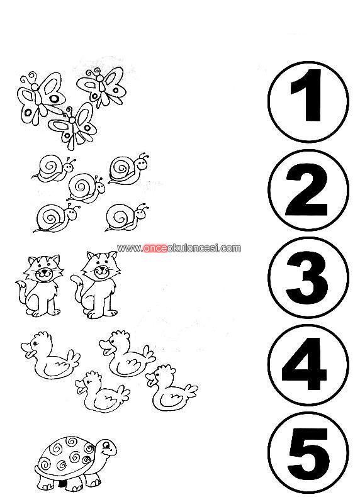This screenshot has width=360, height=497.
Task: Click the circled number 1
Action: click(x=308, y=101)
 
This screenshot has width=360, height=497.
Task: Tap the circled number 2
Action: click(x=308, y=189)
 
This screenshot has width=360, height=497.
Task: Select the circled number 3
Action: click(x=308, y=277)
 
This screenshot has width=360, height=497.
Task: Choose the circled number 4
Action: click(x=308, y=364)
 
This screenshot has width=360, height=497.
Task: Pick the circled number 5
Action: click(x=308, y=453)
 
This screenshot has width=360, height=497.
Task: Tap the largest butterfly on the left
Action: click(x=40, y=98)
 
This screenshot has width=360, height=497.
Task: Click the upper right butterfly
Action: click(x=101, y=86)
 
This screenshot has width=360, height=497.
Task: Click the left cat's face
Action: click(x=45, y=268)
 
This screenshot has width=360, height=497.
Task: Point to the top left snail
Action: click(x=55, y=169)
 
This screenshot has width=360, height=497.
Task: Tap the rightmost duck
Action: click(x=171, y=388)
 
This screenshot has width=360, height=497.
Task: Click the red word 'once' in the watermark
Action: click(x=154, y=248)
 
